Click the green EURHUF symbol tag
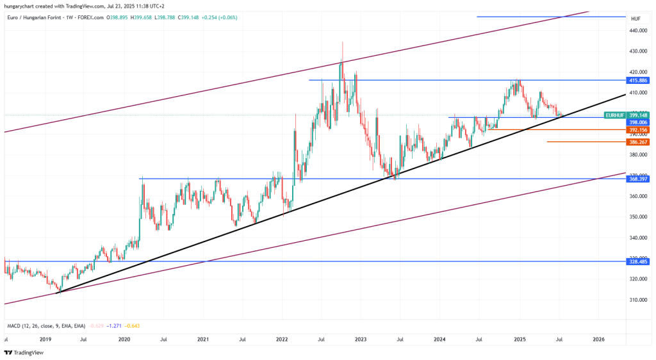(x=615, y=115)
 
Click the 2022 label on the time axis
(x=282, y=339)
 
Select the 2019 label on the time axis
(x=45, y=339)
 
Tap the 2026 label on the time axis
(x=598, y=339)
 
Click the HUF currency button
(x=635, y=19)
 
